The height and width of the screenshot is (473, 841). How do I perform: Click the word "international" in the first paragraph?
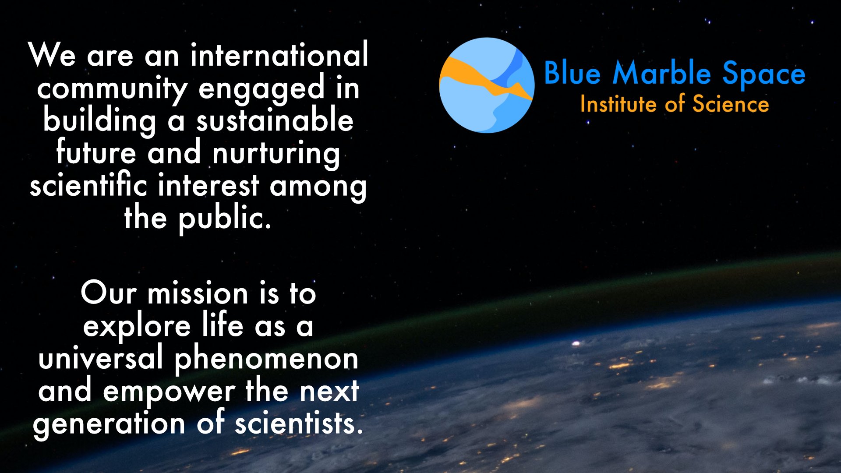279,56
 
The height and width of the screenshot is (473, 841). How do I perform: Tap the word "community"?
112,89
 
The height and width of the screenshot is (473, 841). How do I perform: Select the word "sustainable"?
275,121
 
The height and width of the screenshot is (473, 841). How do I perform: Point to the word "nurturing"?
276,154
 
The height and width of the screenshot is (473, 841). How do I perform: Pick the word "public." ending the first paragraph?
225,218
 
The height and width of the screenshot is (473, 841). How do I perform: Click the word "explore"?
137,327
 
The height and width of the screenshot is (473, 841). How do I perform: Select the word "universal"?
101,359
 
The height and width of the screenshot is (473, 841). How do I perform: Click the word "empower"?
169,392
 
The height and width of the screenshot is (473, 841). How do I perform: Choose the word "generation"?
109,424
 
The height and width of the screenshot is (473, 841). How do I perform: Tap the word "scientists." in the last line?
299,424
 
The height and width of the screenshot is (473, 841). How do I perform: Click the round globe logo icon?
487,85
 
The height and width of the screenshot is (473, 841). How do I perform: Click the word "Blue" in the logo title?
572,73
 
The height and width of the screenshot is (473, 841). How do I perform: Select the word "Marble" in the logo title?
662,73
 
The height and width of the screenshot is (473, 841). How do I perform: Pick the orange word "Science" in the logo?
731,105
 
